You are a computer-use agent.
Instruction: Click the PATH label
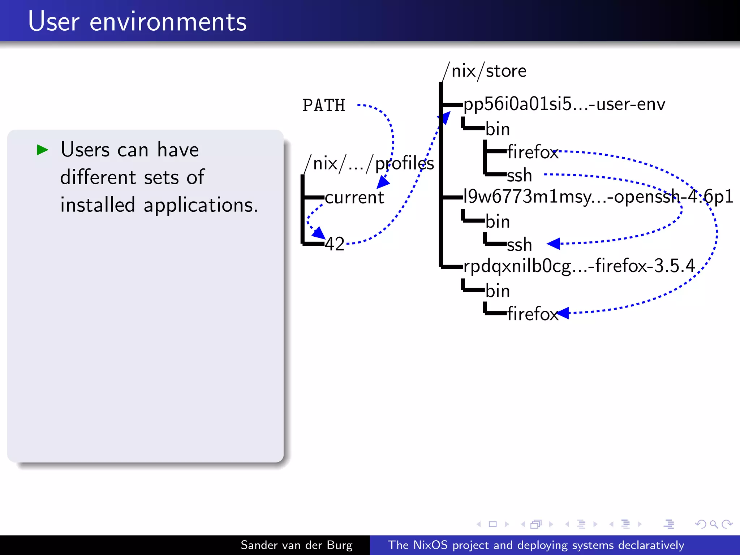click(324, 106)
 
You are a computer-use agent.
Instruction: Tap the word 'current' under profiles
click(354, 198)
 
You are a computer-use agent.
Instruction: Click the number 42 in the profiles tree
click(335, 244)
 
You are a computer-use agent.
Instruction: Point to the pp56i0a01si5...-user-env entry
click(564, 104)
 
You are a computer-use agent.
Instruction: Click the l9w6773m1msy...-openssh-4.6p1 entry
click(598, 197)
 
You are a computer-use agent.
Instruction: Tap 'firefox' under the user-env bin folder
click(533, 152)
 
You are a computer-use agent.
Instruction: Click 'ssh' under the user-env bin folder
click(519, 176)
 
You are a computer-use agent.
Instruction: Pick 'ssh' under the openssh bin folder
click(519, 245)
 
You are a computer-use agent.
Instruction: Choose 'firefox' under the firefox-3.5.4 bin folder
click(533, 314)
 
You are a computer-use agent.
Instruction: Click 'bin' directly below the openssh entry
click(498, 221)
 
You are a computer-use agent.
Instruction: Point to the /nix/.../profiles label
click(369, 164)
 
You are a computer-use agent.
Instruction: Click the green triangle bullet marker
click(42, 150)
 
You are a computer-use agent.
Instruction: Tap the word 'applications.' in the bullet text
click(201, 206)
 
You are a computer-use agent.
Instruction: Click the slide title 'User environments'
click(137, 22)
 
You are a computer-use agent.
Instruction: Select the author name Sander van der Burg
click(296, 545)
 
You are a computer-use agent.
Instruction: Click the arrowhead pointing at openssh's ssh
click(554, 244)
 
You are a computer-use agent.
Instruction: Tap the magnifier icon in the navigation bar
click(714, 524)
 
